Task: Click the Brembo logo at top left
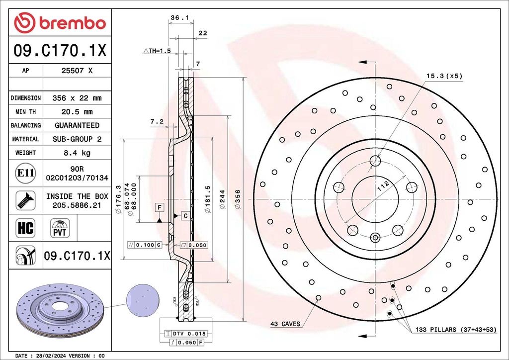[x=60, y=23]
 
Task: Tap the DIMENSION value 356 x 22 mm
[x=77, y=98]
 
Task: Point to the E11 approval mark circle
[x=25, y=173]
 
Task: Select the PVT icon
[x=60, y=228]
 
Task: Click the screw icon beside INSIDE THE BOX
[x=25, y=200]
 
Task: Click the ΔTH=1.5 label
[x=157, y=51]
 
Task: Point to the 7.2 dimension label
[x=157, y=121]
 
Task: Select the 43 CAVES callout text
[x=285, y=324]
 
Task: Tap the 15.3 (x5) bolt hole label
[x=444, y=76]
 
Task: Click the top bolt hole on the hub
[x=375, y=161]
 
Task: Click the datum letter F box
[x=159, y=207]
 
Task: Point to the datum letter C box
[x=185, y=215]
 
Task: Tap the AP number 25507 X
[x=77, y=71]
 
